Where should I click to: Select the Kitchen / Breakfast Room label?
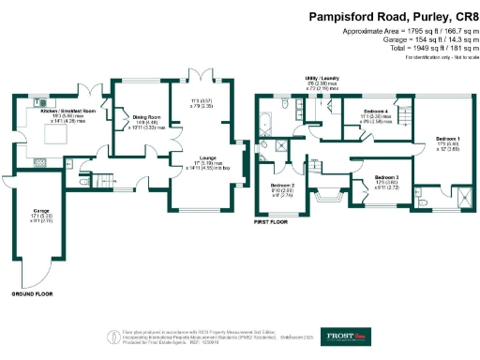tap(67, 111)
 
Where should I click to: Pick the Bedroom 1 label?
tap(446, 139)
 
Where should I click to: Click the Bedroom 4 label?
tap(375, 111)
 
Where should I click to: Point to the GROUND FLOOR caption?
tap(30, 294)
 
